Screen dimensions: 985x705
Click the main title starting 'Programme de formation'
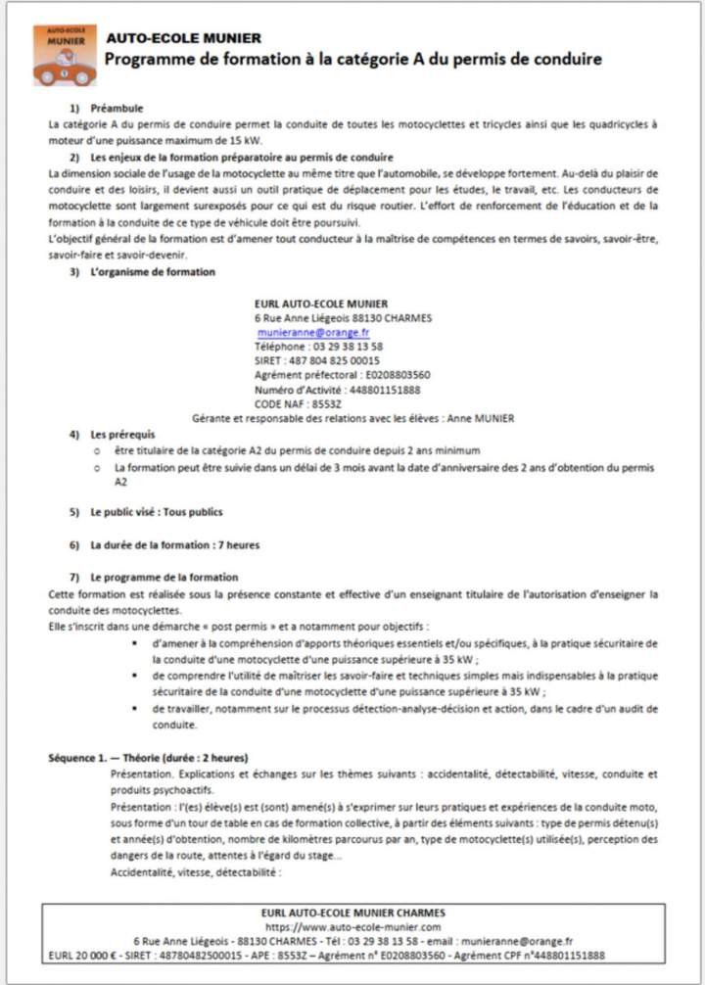click(352, 60)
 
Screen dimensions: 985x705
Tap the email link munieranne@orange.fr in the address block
click(313, 333)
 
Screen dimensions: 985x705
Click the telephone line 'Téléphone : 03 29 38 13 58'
click(318, 347)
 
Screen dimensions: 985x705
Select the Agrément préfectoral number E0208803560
click(397, 375)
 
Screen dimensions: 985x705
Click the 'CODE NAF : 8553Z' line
click(298, 403)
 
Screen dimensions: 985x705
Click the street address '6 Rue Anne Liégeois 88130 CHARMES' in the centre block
click(343, 318)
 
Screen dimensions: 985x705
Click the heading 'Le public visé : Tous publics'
click(156, 512)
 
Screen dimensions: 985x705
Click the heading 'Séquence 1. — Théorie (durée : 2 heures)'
click(148, 758)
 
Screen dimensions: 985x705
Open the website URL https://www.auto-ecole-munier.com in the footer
click(352, 926)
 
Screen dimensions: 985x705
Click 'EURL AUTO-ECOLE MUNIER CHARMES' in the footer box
click(352, 913)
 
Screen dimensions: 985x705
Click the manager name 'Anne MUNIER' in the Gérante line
click(480, 418)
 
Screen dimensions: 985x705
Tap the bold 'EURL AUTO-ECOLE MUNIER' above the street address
click(320, 304)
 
